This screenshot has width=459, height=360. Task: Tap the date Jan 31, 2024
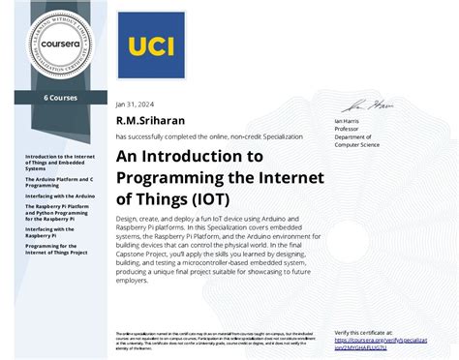coord(135,105)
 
